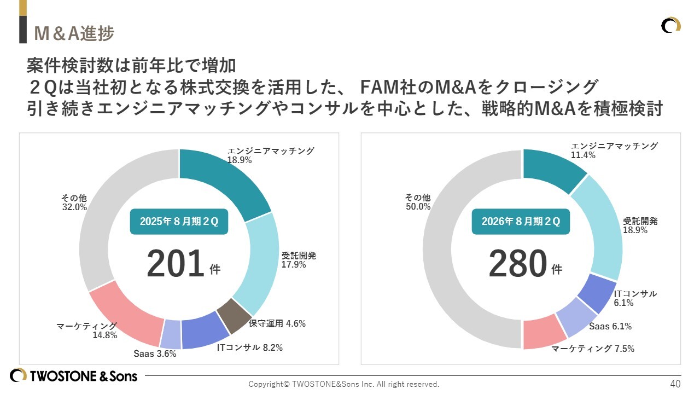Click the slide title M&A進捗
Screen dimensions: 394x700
(74, 33)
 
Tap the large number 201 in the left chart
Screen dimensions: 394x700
(174, 264)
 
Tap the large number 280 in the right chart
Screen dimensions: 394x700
(517, 264)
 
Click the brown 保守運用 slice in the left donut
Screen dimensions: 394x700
(233, 316)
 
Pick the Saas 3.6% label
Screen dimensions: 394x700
(155, 354)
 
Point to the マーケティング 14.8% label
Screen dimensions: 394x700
(87, 331)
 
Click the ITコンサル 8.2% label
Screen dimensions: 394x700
(249, 347)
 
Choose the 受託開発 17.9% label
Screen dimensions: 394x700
(299, 260)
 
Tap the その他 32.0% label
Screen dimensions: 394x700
(74, 202)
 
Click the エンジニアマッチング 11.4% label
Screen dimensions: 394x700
(614, 150)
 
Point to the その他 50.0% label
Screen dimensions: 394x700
(418, 202)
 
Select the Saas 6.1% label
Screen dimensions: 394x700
(610, 327)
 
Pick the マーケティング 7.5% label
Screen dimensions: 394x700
(592, 349)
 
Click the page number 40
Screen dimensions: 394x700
(675, 383)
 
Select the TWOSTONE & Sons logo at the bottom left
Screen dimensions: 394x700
(74, 376)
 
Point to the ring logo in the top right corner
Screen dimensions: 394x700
(670, 26)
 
